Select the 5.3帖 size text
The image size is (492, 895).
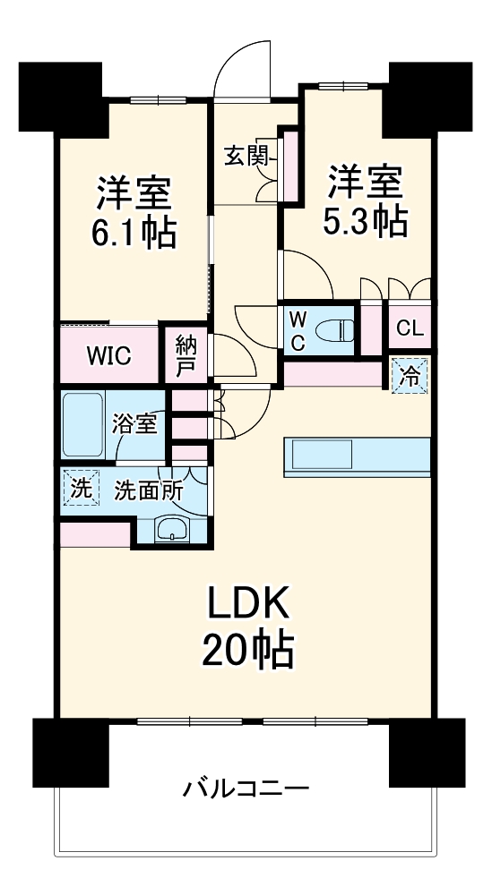[x=366, y=219]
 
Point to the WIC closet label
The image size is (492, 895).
[x=108, y=354]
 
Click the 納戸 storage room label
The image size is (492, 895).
[x=186, y=354]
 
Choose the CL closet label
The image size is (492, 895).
[x=409, y=328]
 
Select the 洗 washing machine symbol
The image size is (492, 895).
[x=81, y=490]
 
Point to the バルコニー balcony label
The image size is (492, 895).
[x=246, y=789]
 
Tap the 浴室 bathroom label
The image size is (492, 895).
[x=135, y=423]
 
